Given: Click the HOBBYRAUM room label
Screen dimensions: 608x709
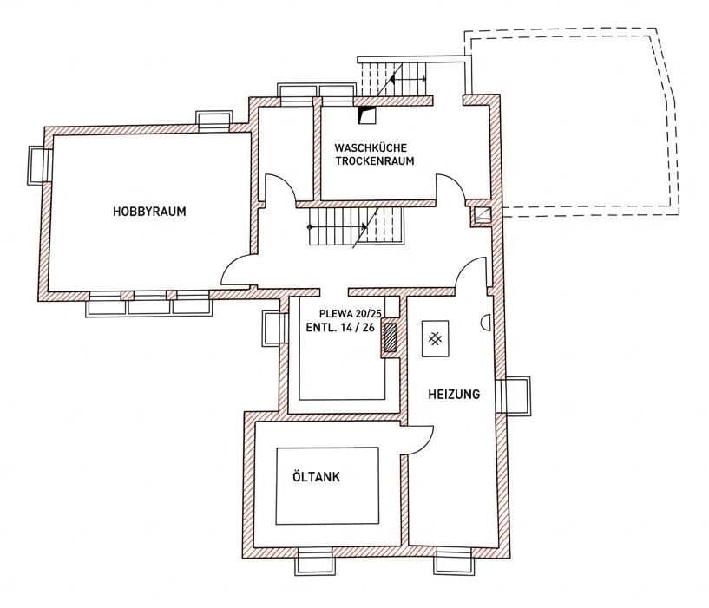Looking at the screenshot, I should coord(149,211).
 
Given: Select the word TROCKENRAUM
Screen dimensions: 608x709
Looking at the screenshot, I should coord(375,161).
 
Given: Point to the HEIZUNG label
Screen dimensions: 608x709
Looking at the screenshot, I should coord(454,394).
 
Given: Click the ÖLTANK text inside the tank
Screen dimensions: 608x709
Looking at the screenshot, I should coord(316,477).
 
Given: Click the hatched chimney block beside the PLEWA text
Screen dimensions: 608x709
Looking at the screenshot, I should coord(390,338).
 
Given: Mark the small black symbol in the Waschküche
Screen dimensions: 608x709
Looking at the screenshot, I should coord(368,113).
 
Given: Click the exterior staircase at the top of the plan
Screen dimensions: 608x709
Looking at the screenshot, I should coord(395,79).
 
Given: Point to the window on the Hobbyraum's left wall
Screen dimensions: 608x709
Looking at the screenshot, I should coord(38,165).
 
